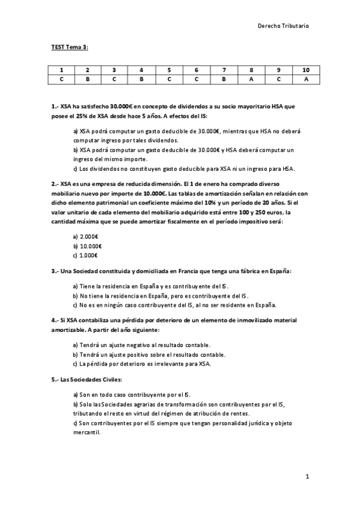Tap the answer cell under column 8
(x=251, y=79)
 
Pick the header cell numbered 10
(x=306, y=70)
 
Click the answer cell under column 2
(x=88, y=79)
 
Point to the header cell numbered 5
(x=169, y=70)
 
